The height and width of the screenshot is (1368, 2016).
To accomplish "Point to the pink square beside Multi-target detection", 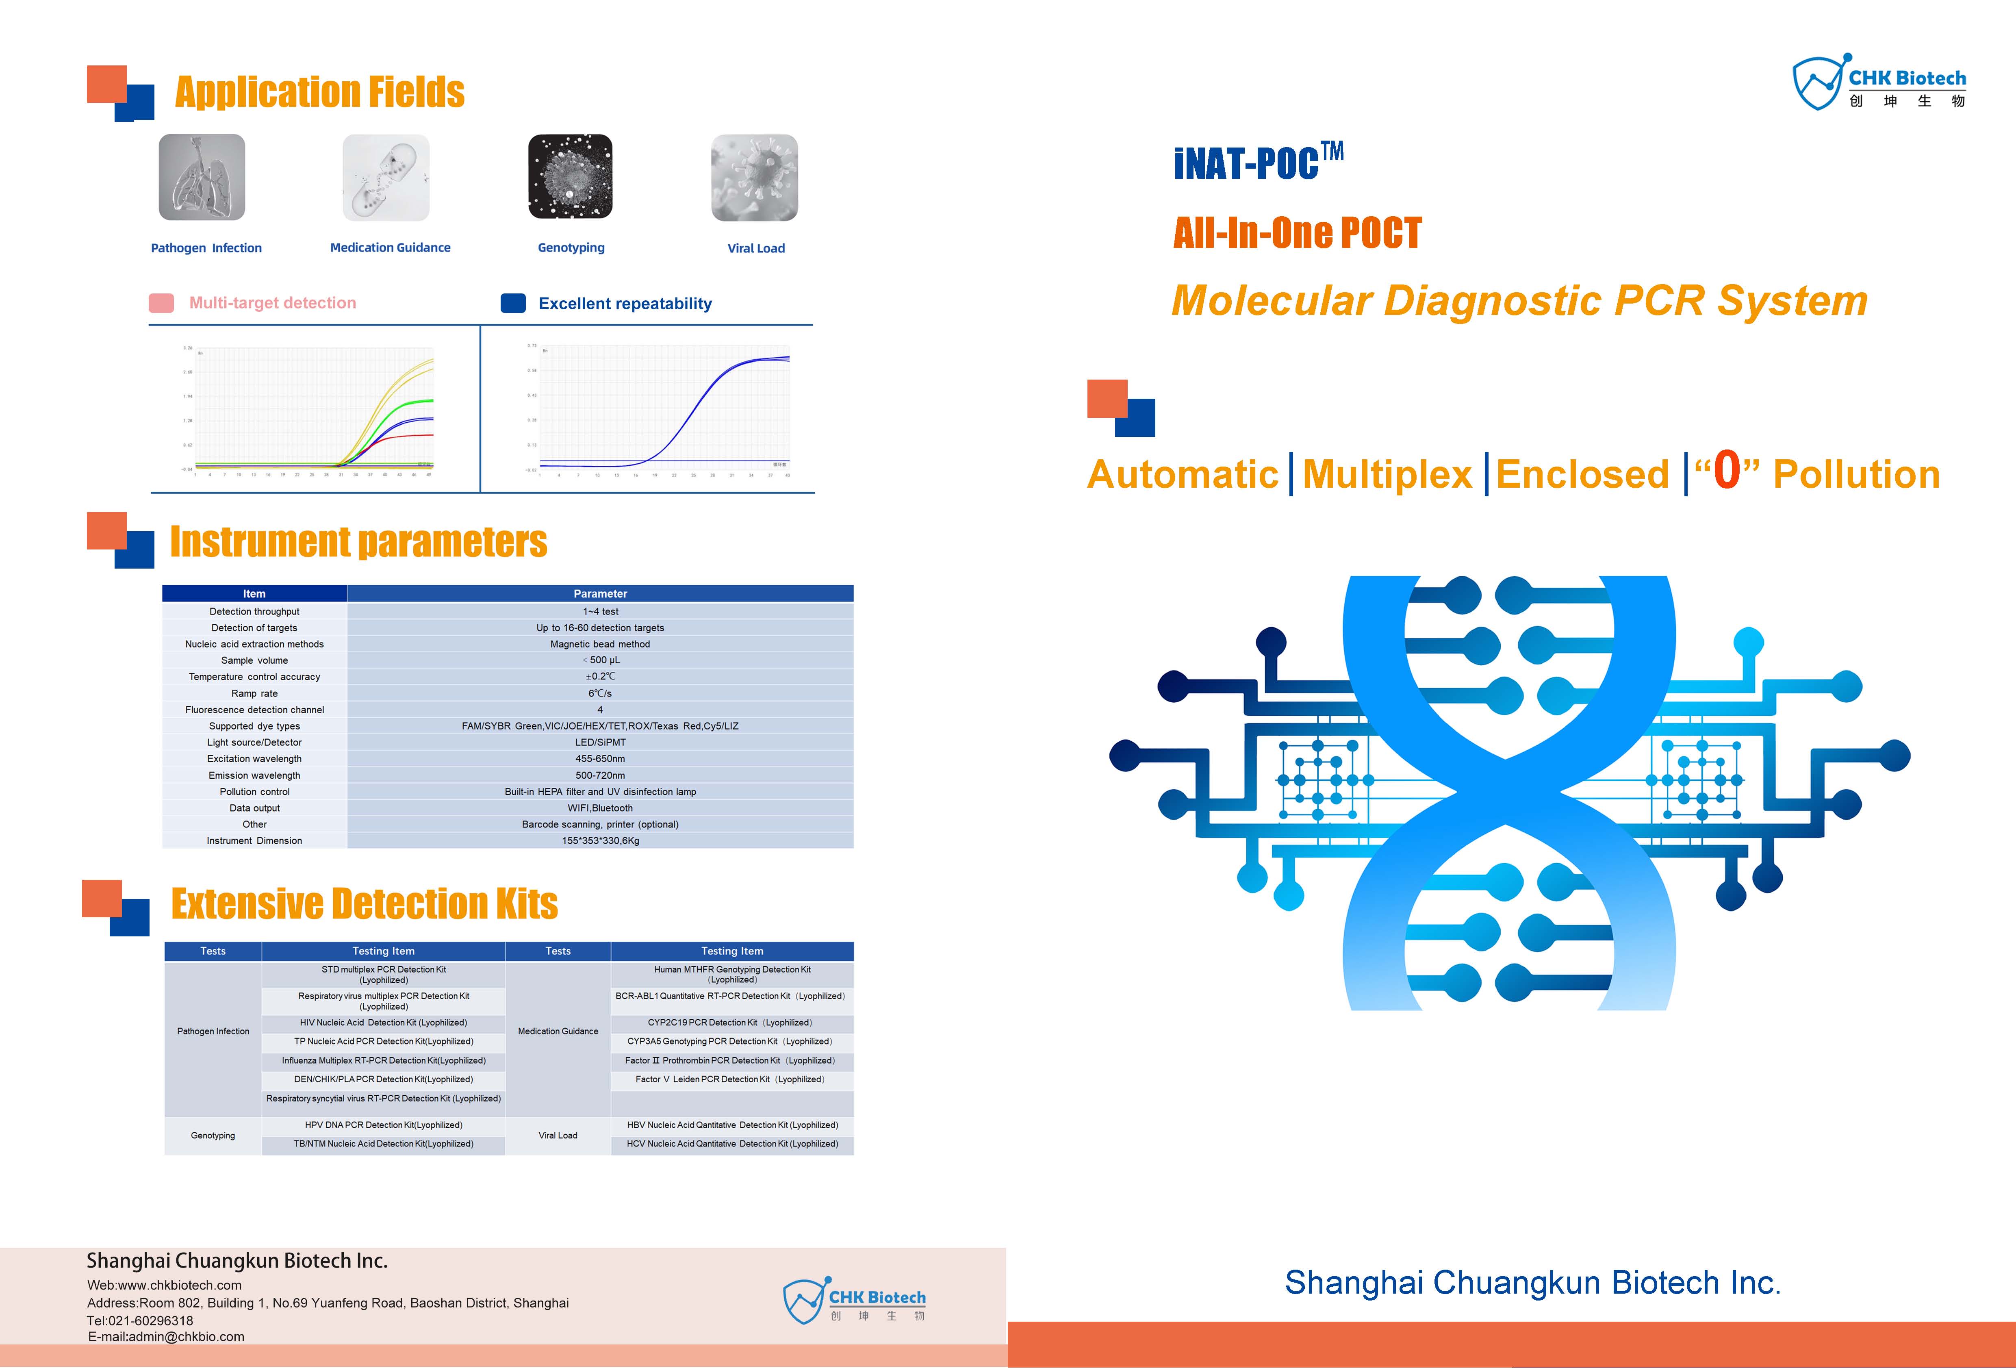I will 161,303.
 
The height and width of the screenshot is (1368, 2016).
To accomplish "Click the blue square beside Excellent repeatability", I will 514,303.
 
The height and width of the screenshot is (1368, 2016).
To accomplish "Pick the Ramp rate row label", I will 254,693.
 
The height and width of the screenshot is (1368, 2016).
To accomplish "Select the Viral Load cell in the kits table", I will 558,1136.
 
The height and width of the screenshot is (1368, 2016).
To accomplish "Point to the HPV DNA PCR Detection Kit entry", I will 384,1125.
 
